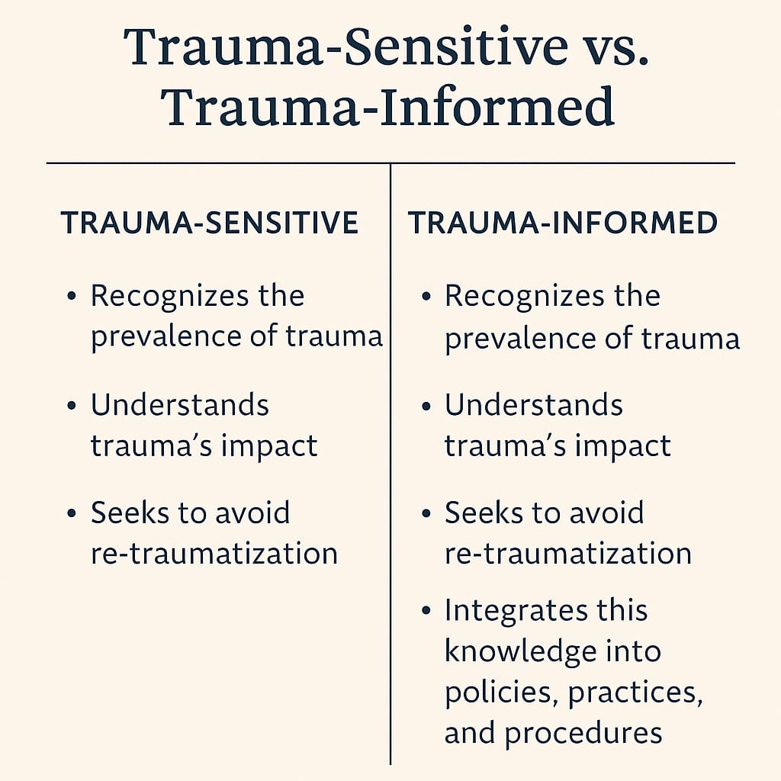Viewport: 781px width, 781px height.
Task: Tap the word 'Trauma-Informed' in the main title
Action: (389, 107)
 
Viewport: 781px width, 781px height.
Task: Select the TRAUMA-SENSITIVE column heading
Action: (210, 223)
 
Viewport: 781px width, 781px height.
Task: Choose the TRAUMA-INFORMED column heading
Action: (563, 223)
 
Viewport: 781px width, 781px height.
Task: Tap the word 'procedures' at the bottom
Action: (583, 733)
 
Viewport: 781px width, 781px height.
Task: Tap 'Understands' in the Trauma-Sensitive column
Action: (180, 405)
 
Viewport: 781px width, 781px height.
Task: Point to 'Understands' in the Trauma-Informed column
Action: (534, 405)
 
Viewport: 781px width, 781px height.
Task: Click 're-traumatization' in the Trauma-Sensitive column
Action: (214, 553)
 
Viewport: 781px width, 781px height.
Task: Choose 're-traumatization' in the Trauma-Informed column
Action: (568, 553)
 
